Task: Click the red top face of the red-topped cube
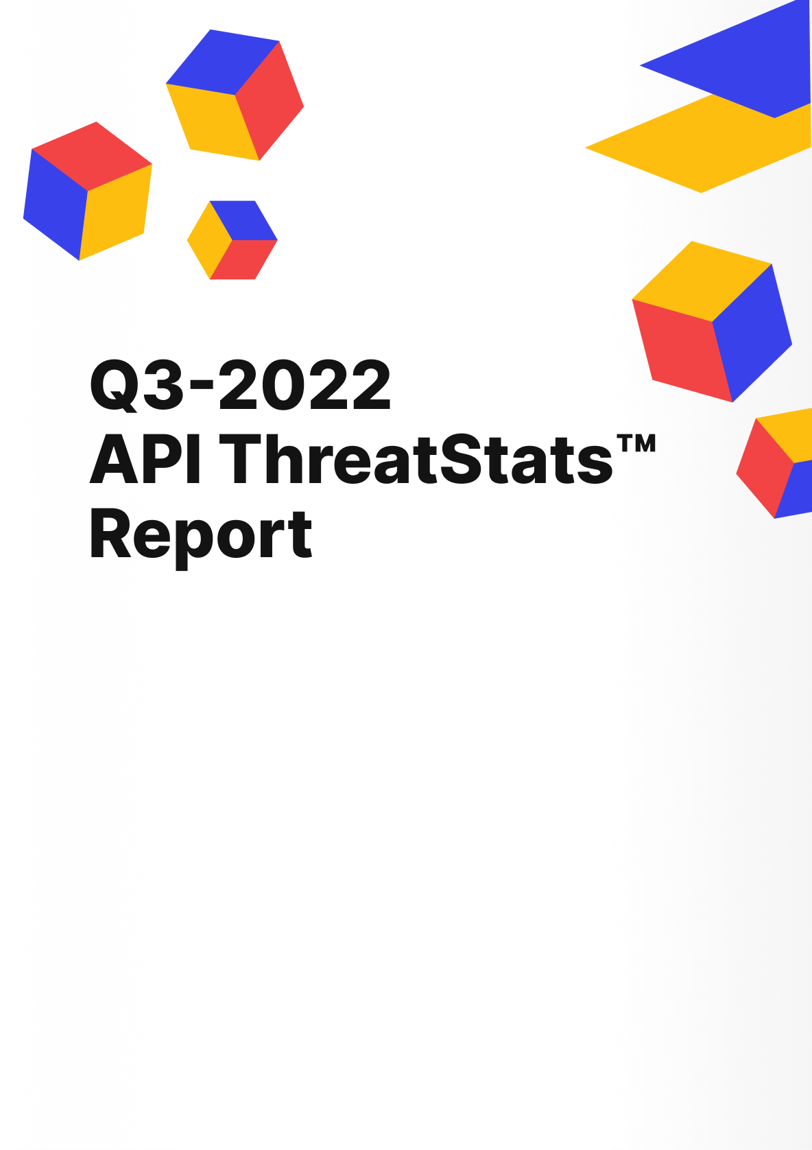pos(92,155)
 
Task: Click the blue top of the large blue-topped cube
pos(223,62)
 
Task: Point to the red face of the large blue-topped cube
pos(270,102)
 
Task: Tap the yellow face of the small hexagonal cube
pos(208,239)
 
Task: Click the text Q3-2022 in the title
pos(240,386)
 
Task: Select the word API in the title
pos(145,460)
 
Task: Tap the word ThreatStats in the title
pos(416,460)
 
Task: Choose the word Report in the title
pos(200,535)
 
